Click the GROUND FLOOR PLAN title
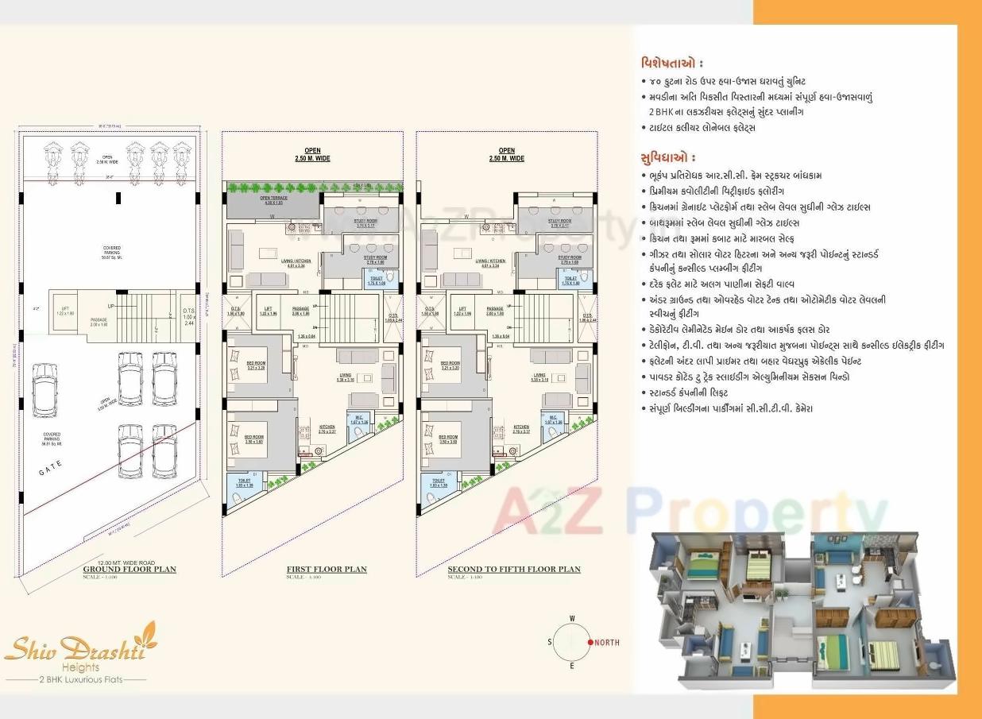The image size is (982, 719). point(130,570)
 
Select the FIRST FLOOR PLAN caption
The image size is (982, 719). point(327,570)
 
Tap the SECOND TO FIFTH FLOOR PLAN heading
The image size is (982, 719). point(513,570)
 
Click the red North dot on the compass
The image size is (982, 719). point(590,642)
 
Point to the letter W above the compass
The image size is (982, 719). point(571,618)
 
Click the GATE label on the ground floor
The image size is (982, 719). point(50,472)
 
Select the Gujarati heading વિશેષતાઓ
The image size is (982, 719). point(671,63)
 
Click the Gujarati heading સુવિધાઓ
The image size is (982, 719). point(667,157)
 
